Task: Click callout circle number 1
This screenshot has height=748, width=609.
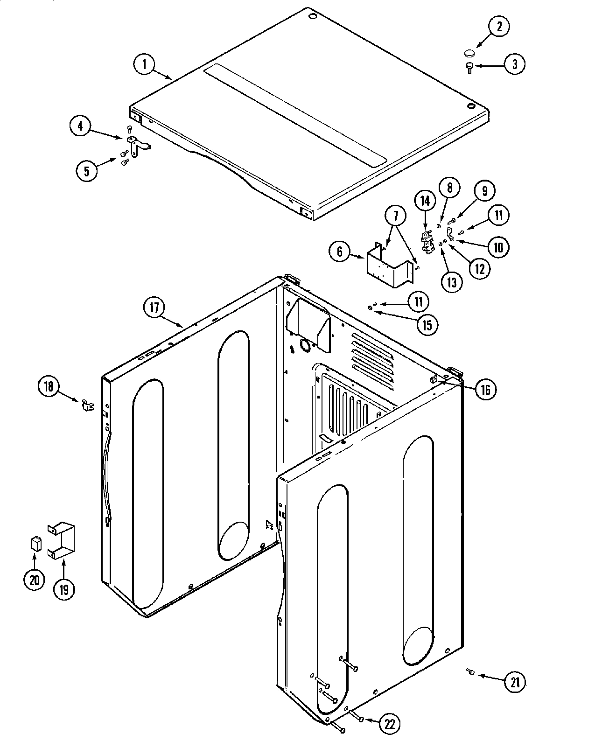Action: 144,64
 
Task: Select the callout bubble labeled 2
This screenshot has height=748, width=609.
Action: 498,26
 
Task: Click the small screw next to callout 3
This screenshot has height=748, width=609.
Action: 469,68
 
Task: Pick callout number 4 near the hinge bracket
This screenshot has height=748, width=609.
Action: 81,126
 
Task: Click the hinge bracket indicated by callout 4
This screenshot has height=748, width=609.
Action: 138,146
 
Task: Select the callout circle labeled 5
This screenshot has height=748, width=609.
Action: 87,170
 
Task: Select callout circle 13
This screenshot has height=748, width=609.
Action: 451,281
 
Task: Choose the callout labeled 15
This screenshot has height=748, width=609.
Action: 427,324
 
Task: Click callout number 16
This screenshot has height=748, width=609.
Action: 485,389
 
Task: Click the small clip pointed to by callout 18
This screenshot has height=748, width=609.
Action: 86,405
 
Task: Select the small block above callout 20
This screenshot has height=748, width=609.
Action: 35,544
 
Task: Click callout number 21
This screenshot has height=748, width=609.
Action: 514,682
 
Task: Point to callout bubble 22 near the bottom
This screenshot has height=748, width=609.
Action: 389,724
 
